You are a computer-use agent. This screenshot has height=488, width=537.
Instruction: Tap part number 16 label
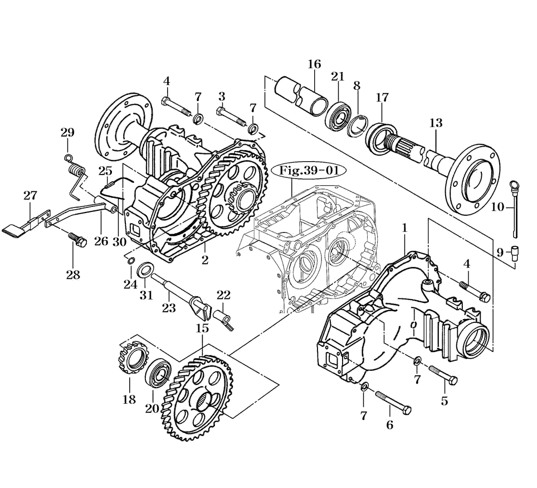[314, 64]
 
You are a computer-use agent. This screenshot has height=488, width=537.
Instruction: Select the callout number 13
[436, 123]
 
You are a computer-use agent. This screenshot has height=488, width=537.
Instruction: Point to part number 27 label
[30, 195]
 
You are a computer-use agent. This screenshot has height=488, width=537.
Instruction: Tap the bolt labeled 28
[79, 240]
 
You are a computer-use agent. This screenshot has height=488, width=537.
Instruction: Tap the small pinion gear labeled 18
[131, 357]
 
